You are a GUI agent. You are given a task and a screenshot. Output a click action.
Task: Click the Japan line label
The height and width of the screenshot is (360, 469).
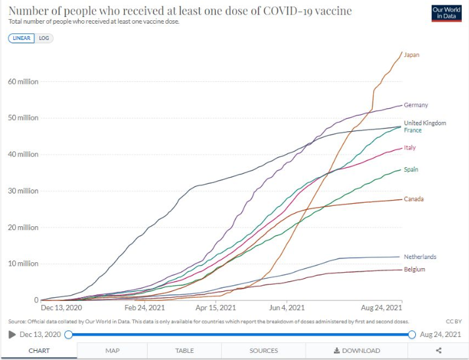(x=411, y=55)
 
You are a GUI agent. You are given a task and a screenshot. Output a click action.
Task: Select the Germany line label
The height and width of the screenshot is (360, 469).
(x=416, y=105)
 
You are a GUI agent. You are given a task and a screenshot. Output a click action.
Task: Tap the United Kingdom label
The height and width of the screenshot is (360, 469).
(x=424, y=123)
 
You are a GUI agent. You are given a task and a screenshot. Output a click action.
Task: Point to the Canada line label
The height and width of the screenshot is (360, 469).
(x=413, y=199)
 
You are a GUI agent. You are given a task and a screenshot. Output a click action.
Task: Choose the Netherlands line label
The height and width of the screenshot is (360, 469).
(x=420, y=257)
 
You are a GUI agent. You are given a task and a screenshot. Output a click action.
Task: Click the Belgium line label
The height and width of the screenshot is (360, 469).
(x=415, y=270)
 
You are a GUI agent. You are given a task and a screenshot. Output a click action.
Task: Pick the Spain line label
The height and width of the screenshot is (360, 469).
(x=411, y=170)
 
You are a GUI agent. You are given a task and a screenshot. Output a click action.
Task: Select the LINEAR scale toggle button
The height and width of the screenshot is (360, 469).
(x=22, y=38)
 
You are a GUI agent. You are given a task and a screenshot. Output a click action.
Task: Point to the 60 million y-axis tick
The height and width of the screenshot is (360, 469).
(x=23, y=82)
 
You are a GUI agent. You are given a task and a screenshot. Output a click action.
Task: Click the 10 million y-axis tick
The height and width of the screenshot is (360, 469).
(x=23, y=264)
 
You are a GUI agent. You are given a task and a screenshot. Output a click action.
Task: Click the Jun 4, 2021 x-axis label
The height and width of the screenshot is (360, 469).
(x=286, y=308)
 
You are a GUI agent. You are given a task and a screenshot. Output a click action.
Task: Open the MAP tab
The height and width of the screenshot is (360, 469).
(x=112, y=351)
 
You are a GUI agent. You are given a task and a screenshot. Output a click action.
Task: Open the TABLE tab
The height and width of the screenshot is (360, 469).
(x=184, y=351)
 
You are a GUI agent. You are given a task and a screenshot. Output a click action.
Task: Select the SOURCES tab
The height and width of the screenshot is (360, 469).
(x=264, y=351)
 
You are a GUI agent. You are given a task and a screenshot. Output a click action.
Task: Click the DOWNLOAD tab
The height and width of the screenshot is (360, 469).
(x=357, y=351)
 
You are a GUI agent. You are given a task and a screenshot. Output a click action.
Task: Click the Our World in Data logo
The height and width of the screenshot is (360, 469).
(x=447, y=14)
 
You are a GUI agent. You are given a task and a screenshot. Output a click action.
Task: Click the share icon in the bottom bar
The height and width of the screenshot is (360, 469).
(x=439, y=351)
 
